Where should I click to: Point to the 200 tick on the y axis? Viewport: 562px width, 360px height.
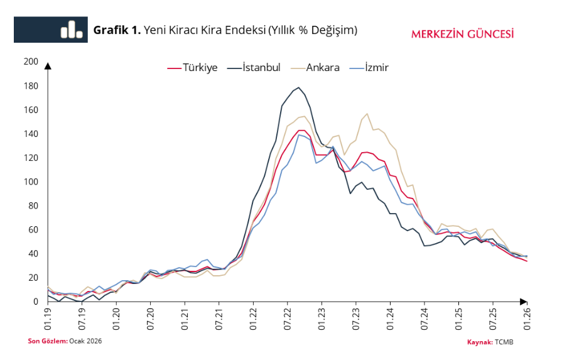[30, 62]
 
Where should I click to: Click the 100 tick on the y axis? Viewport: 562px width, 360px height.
[30, 182]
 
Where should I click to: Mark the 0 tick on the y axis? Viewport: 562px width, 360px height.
[35, 302]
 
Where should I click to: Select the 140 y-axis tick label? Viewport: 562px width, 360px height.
[30, 134]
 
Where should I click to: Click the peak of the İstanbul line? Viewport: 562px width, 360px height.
[298, 87]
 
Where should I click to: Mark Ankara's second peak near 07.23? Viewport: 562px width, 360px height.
[367, 114]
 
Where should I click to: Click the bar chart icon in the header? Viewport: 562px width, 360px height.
[72, 30]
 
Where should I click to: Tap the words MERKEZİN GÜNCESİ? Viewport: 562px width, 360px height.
[462, 34]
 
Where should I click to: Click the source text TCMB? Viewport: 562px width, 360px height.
[504, 342]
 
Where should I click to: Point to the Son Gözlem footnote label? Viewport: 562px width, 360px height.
[47, 341]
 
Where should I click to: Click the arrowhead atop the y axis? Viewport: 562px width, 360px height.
[48, 65]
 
